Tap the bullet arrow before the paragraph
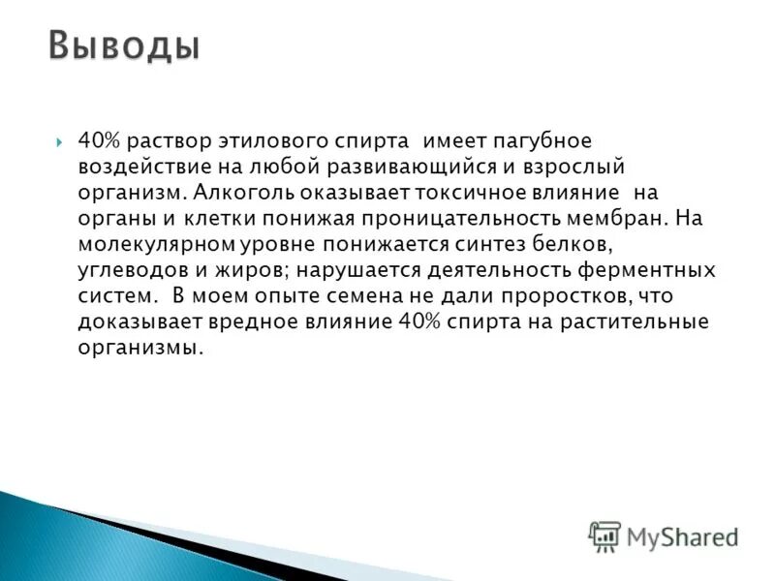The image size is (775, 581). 60,142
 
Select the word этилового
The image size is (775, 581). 304,142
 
